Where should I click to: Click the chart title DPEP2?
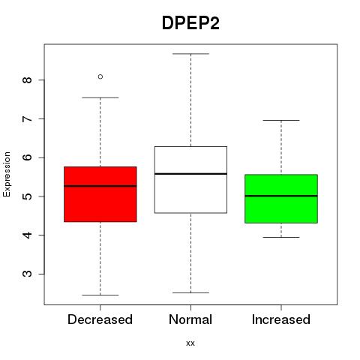(190, 23)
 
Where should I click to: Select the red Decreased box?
(100, 194)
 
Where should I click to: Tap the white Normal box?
(190, 180)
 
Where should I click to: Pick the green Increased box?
(281, 199)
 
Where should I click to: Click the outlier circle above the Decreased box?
(100, 76)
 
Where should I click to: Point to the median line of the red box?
(100, 186)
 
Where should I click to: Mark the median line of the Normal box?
(190, 174)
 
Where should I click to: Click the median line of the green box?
(281, 196)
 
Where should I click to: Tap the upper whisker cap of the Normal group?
(190, 54)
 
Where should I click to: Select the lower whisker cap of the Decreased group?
(100, 295)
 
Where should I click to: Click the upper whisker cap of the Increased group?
(281, 120)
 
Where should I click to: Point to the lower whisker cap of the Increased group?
(281, 237)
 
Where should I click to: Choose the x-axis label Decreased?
(100, 319)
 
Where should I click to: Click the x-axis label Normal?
(190, 319)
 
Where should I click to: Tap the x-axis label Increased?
(281, 319)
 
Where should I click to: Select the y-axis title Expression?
(7, 174)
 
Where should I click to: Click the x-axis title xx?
(190, 343)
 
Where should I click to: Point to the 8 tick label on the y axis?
(28, 80)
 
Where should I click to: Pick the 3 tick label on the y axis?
(28, 274)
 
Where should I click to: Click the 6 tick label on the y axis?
(28, 157)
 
